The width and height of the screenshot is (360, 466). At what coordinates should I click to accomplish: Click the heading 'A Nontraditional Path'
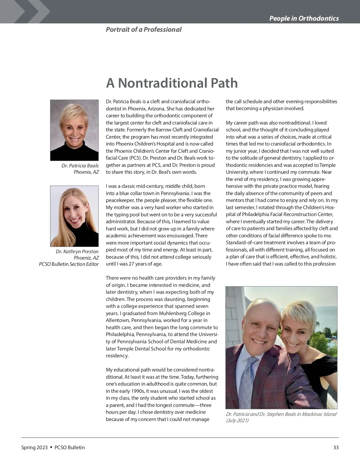click(x=172, y=83)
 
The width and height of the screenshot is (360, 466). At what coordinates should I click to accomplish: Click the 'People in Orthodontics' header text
click(x=304, y=18)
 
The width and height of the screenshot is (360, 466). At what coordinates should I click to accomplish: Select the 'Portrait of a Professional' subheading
click(x=143, y=29)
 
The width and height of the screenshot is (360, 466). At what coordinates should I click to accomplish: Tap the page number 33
click(x=336, y=447)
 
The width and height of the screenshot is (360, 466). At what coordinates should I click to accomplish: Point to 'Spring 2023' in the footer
click(x=34, y=447)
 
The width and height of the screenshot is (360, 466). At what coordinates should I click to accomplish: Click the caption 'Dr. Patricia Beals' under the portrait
click(x=80, y=166)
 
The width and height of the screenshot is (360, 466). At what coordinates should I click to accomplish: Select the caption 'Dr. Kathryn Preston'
click(x=77, y=251)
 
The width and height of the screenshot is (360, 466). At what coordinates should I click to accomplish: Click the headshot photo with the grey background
click(x=74, y=130)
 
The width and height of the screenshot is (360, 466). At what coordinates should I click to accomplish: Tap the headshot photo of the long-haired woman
click(x=74, y=216)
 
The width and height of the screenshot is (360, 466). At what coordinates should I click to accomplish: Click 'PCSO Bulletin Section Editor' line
click(x=69, y=264)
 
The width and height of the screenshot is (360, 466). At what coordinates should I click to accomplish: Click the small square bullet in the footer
click(x=51, y=447)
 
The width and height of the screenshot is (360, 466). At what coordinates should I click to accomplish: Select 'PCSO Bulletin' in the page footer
click(x=70, y=447)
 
